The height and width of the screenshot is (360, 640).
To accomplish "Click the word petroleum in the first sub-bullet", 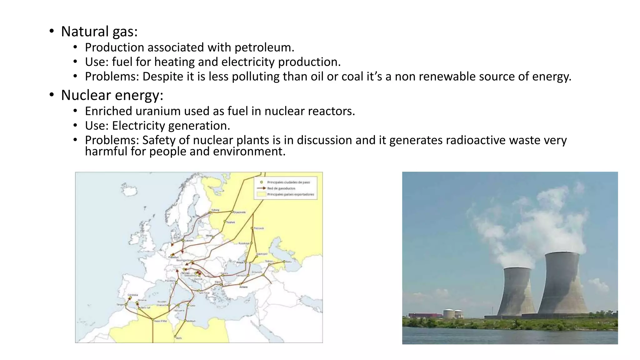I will pos(264,47).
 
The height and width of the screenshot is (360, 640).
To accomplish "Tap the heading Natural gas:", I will pos(99,32).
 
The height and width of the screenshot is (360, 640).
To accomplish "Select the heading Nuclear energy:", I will pos(112,95).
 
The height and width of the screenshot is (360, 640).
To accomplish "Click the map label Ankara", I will pos(243,287).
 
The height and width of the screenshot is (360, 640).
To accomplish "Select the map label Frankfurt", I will pos(173,257).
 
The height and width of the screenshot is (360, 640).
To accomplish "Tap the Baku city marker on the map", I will pos(284,262).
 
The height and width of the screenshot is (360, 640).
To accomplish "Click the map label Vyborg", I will pos(215,210).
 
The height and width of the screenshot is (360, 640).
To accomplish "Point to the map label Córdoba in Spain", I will pos(132,295).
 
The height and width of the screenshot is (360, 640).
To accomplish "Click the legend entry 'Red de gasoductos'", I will pos(281,188).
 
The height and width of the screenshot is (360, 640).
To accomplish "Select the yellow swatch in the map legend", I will pos(261,194).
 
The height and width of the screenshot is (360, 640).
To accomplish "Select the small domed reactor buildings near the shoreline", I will pos(452,313).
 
